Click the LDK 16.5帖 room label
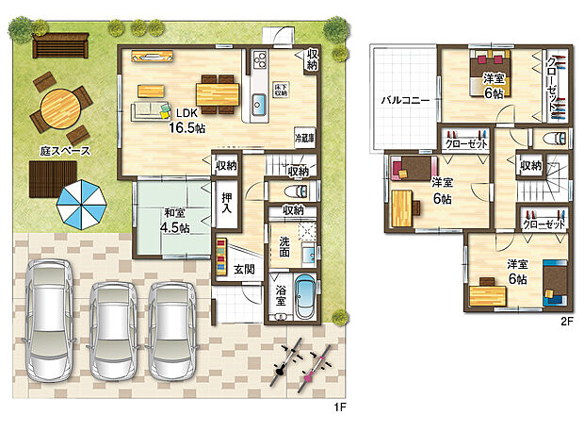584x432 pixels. click(185, 119)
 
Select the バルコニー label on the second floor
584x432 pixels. click(405, 99)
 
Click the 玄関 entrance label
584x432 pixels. click(245, 270)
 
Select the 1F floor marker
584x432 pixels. click(340, 407)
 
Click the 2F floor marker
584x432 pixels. click(567, 322)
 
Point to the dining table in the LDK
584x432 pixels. click(219, 92)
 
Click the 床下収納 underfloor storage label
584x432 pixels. click(281, 90)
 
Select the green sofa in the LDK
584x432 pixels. click(148, 110)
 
